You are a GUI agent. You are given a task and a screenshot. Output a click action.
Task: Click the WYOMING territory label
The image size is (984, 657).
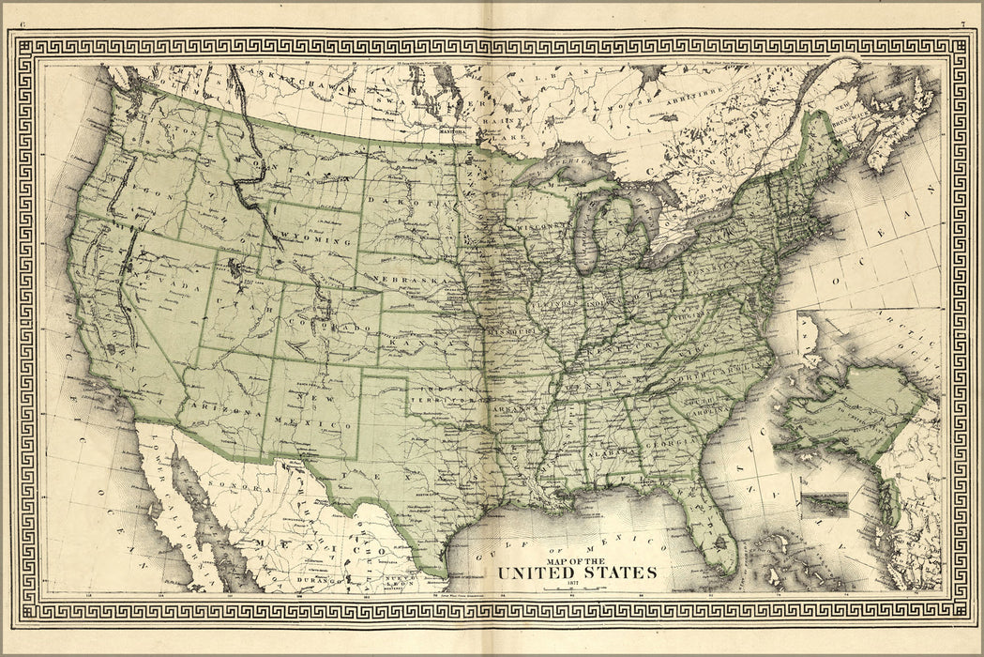pyautogui.click(x=312, y=240)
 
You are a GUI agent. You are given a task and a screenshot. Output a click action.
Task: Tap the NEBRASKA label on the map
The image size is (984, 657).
pyautogui.click(x=405, y=281)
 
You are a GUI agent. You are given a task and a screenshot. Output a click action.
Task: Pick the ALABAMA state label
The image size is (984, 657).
pyautogui.click(x=610, y=451)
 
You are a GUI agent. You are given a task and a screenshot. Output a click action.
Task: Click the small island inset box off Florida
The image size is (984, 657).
pyautogui.click(x=825, y=505)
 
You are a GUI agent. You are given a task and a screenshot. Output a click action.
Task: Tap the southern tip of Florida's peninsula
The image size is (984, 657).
pyautogui.click(x=724, y=563)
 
